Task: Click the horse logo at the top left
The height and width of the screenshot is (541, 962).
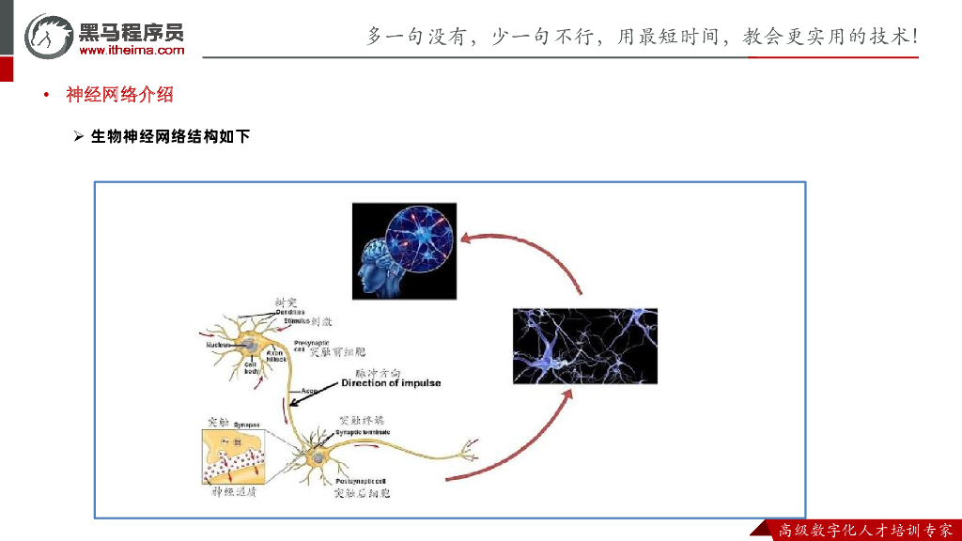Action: click(x=47, y=36)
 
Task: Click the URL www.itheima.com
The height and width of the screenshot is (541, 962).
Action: click(x=132, y=51)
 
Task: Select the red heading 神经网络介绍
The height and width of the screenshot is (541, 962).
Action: click(x=119, y=95)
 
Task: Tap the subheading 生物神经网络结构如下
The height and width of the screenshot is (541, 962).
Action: click(x=169, y=137)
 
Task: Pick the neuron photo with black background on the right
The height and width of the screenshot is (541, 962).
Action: click(x=584, y=346)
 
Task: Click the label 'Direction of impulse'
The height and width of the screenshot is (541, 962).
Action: click(x=390, y=383)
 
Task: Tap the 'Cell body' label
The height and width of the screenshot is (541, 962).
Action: click(x=252, y=368)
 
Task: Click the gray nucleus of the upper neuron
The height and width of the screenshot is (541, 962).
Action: click(x=251, y=345)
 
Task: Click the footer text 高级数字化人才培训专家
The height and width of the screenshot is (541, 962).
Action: click(x=864, y=531)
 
